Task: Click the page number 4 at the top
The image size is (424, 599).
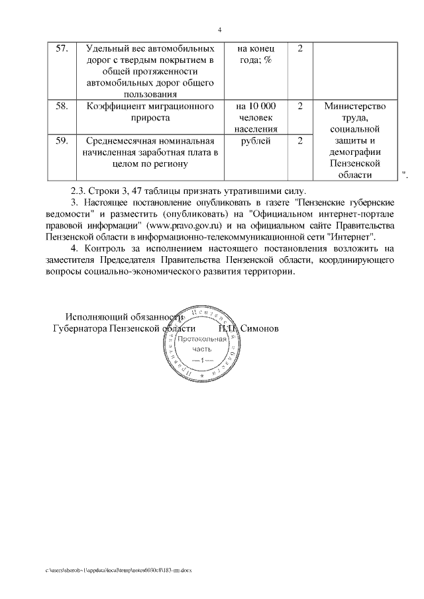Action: pos(219,30)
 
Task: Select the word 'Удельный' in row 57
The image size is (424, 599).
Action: pos(107,50)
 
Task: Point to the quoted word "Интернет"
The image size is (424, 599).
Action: pos(352,236)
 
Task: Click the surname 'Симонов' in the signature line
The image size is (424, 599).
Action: pos(260,328)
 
